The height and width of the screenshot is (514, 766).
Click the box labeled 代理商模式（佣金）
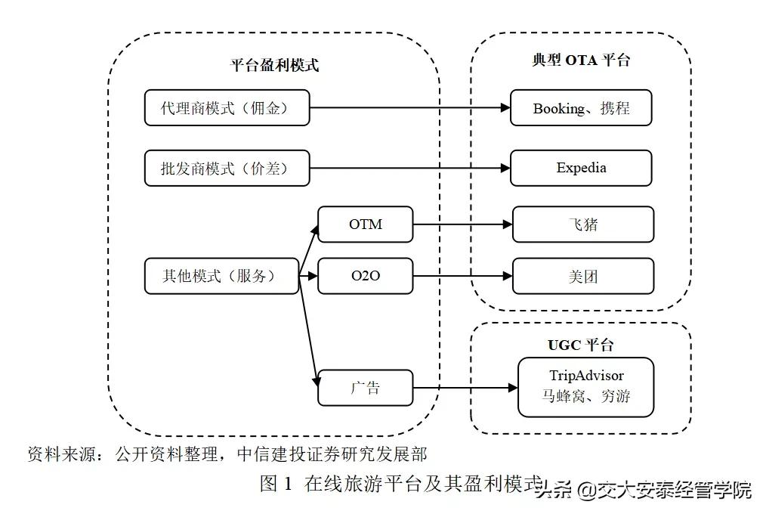coord(227,108)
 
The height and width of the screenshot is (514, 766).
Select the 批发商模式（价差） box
coord(227,169)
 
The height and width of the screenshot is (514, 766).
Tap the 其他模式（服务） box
coord(221,276)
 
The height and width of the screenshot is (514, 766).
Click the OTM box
coord(366,224)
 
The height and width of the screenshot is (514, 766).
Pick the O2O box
coord(366,276)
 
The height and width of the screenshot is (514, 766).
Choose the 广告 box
coord(366,388)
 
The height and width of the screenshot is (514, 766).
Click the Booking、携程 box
coord(580,108)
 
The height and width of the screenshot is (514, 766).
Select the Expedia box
coord(580,168)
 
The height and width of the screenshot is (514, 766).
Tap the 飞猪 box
coord(582,224)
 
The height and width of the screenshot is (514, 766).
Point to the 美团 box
coord(582,276)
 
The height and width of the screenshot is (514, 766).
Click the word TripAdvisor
coord(586,375)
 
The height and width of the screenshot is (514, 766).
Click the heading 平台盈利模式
coord(274,65)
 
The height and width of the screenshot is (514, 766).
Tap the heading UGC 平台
coord(580,345)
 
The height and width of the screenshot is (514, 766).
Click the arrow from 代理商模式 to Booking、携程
coord(408,108)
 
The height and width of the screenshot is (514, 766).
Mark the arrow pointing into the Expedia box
coord(408,169)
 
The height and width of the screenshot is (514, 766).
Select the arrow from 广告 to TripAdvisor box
coord(465,389)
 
